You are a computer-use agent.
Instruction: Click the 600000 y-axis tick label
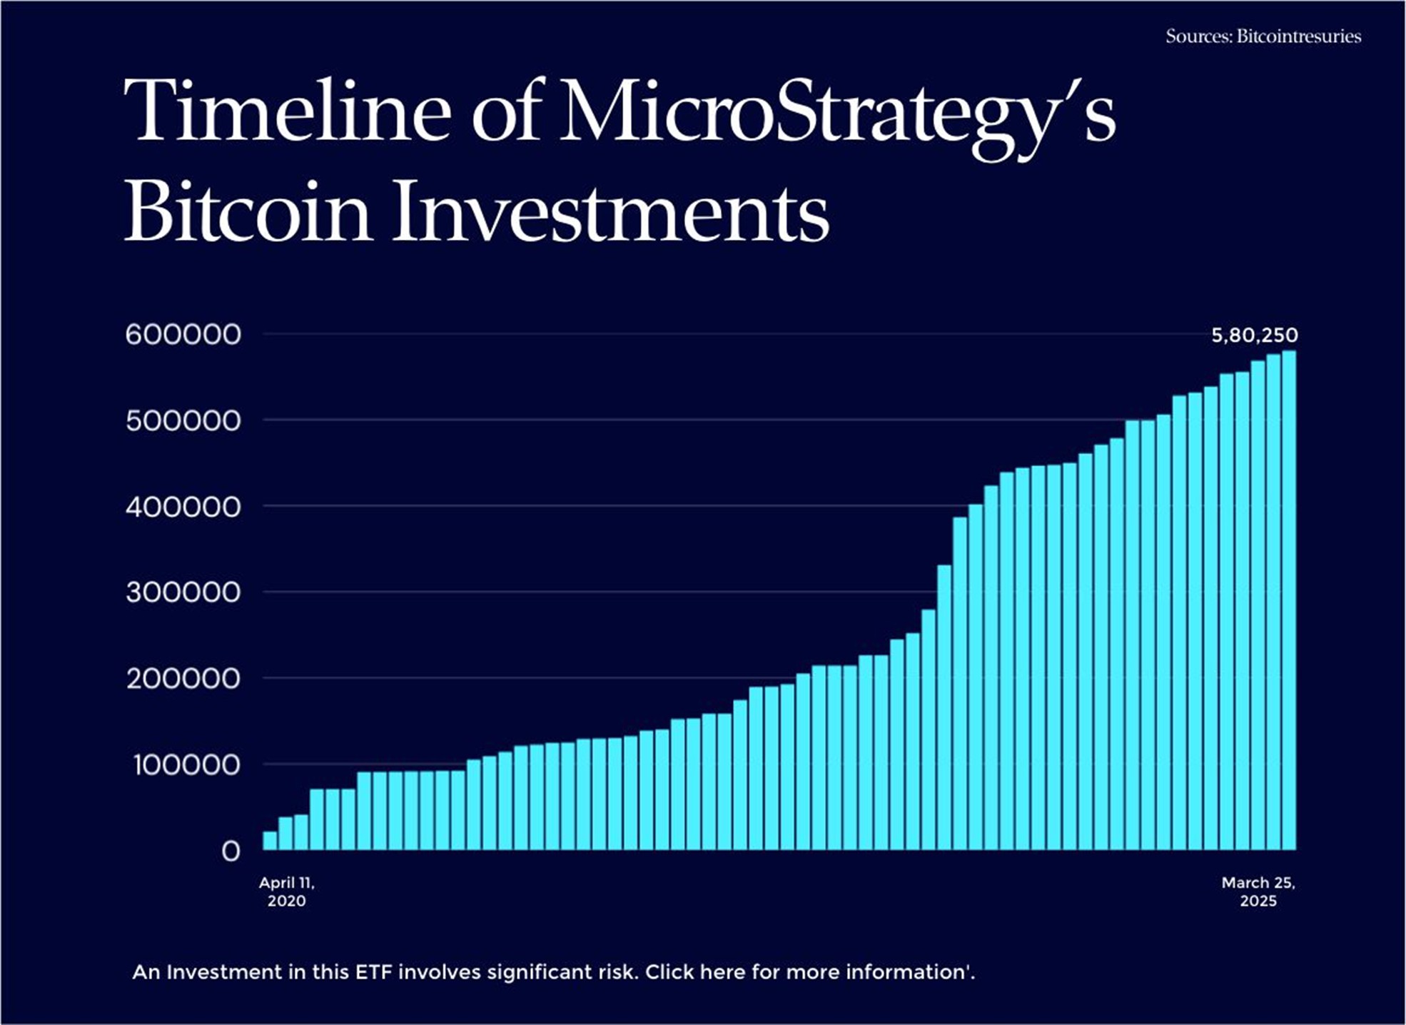[183, 335]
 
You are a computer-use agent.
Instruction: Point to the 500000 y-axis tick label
[183, 421]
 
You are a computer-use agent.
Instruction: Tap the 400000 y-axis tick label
[183, 508]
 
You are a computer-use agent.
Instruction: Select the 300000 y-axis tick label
[183, 592]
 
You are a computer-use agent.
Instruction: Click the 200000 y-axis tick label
[183, 679]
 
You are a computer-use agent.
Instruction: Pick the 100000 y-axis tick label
[186, 765]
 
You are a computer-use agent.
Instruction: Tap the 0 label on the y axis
[231, 851]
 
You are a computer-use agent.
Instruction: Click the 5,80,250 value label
[1254, 335]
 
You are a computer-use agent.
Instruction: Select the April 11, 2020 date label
[286, 892]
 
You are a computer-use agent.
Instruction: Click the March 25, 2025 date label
[1258, 892]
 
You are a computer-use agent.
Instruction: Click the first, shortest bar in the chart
[270, 841]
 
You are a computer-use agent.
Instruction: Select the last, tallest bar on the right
[1289, 600]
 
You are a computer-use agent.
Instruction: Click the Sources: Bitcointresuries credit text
[1263, 36]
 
